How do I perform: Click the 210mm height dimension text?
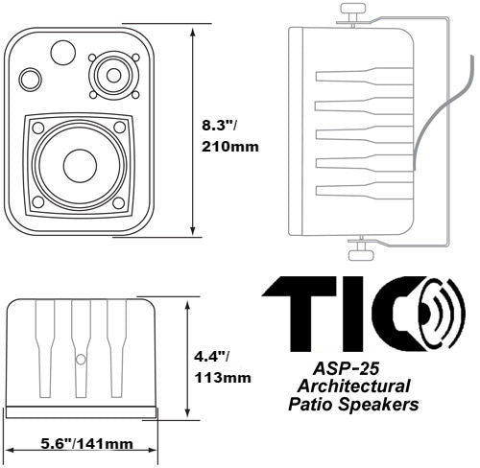click(230, 147)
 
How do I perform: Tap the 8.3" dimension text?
click(219, 126)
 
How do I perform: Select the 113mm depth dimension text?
click(223, 378)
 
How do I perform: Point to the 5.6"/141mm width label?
click(86, 444)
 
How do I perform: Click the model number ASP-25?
click(346, 368)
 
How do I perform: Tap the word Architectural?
click(353, 386)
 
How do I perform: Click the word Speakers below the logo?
click(379, 405)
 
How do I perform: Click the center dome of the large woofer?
click(80, 166)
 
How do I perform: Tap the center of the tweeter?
click(113, 76)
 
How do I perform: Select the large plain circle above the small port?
click(63, 53)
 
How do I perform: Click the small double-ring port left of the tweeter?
click(30, 80)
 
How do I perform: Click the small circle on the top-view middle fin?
click(81, 360)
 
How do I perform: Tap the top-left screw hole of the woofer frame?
click(38, 128)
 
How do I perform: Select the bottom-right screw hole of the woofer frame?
click(119, 202)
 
